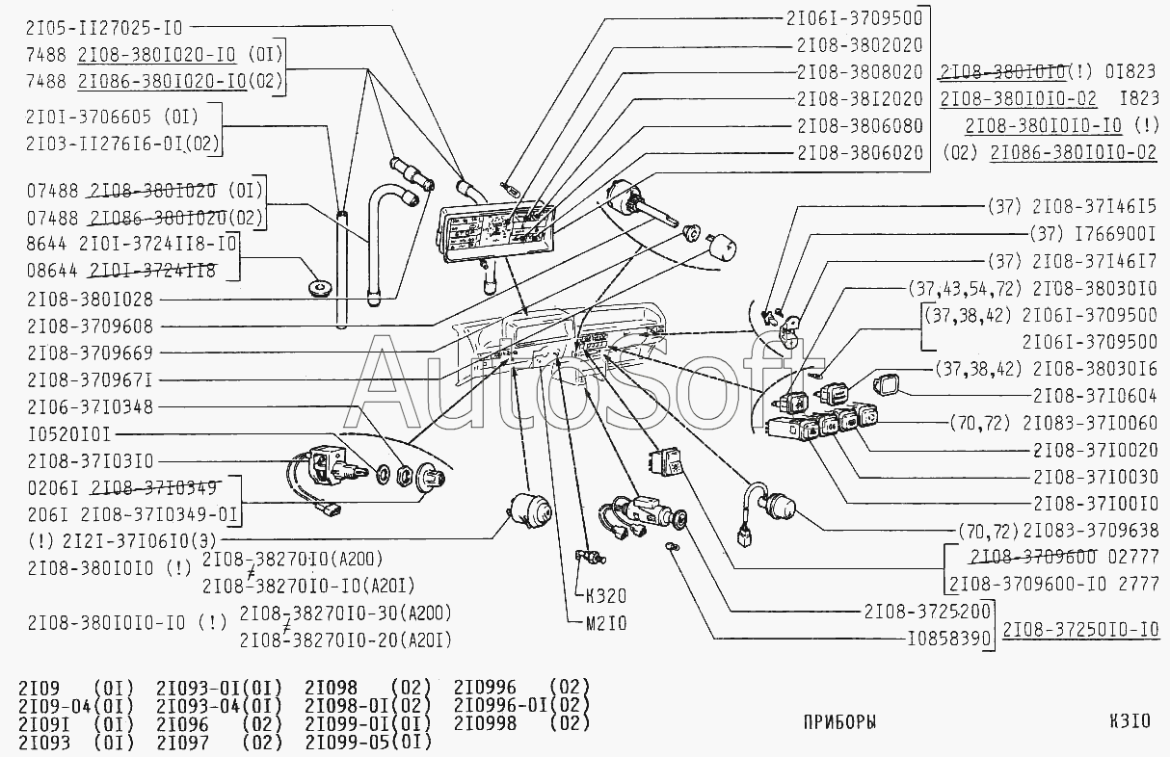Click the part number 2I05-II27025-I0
pos(105,26)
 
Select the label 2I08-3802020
pos(860,44)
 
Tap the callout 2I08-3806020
pos(860,152)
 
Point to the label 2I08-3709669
pos(90,353)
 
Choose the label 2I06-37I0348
pos(90,407)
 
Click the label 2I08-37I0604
pos(1095,395)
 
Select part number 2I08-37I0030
pos(1095,476)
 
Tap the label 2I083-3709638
pos(1090,530)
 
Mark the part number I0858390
pos(948,638)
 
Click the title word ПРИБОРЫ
pos(838,721)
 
